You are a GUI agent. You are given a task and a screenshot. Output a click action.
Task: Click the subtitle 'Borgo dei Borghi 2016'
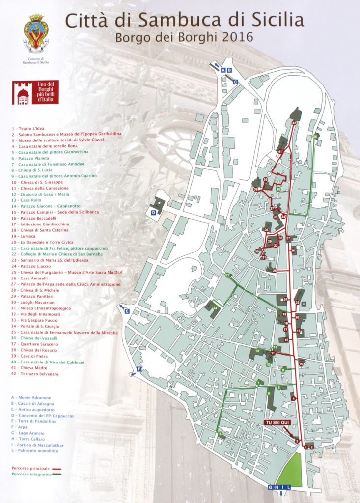[x=184, y=37]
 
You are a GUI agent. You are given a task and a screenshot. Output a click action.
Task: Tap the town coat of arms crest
[x=36, y=33]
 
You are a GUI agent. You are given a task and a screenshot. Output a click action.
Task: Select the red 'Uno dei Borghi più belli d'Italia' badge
[x=35, y=92]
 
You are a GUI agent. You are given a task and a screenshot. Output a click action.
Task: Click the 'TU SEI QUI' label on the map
[x=278, y=422]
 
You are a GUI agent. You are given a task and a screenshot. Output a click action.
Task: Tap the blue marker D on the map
[x=153, y=213]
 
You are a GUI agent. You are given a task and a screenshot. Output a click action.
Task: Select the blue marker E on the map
[x=127, y=311]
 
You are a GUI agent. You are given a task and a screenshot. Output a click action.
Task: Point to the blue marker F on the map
[x=139, y=369]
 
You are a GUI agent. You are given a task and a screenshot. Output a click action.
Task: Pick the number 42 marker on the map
[x=294, y=122]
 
